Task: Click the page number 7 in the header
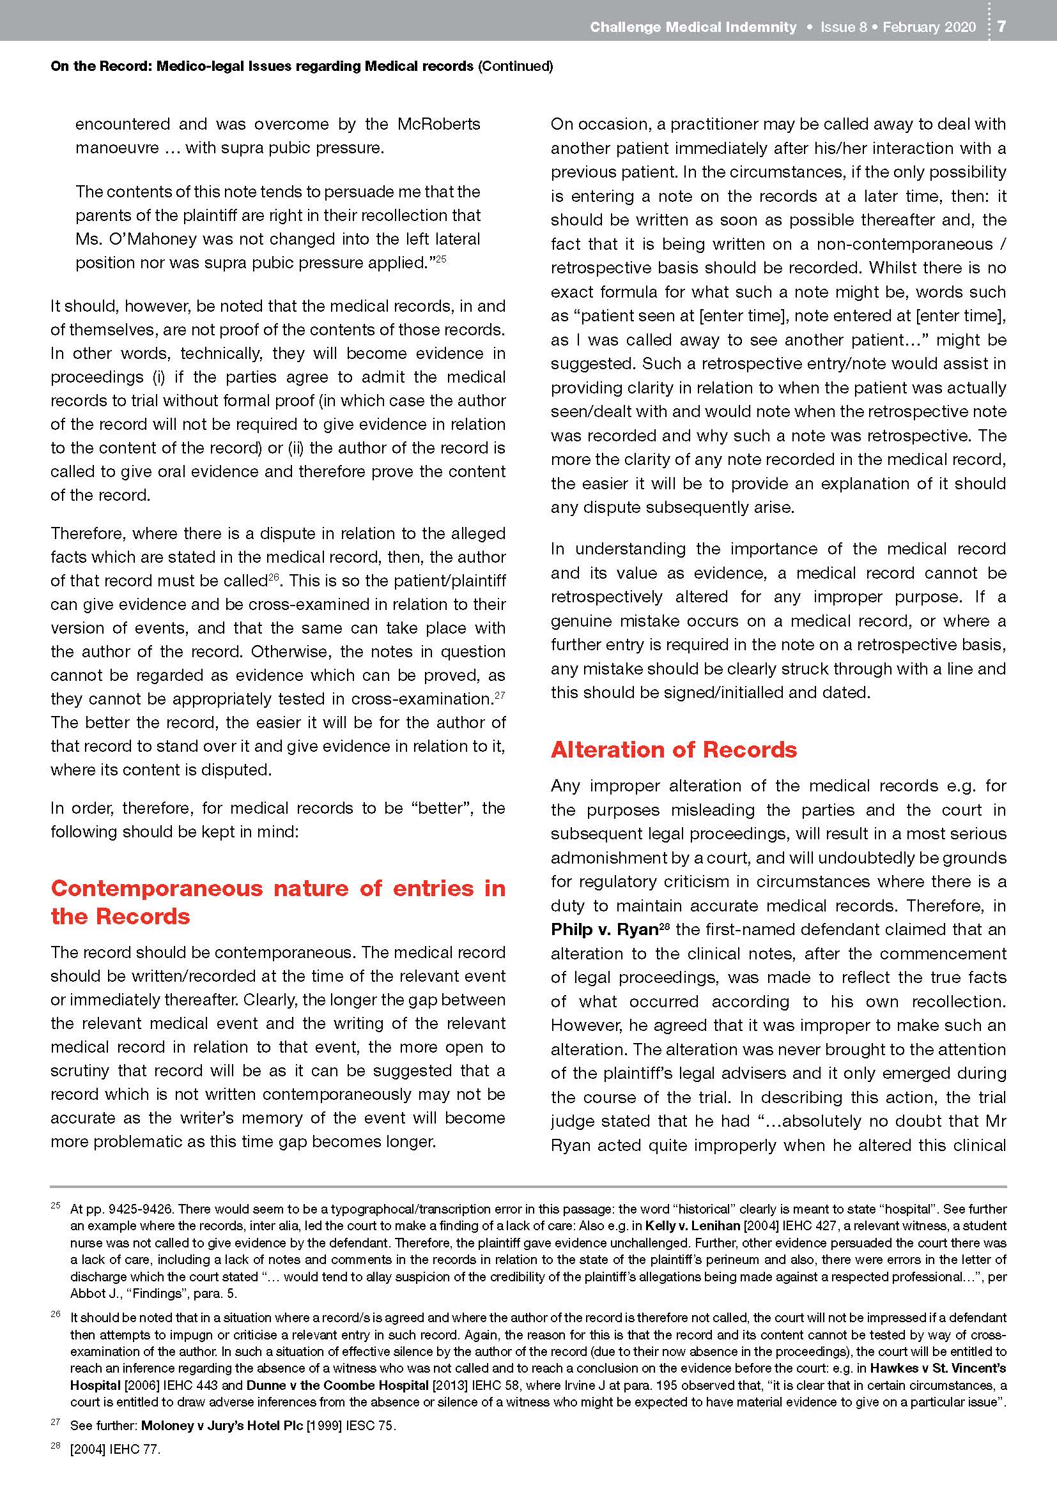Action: click(x=1001, y=27)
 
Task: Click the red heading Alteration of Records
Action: click(x=674, y=750)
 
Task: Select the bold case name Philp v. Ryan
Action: click(x=605, y=929)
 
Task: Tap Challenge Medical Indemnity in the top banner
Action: click(x=693, y=27)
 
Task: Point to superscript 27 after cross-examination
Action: click(x=500, y=696)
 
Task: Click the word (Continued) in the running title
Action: click(x=516, y=66)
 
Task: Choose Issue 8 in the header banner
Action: click(x=843, y=27)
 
